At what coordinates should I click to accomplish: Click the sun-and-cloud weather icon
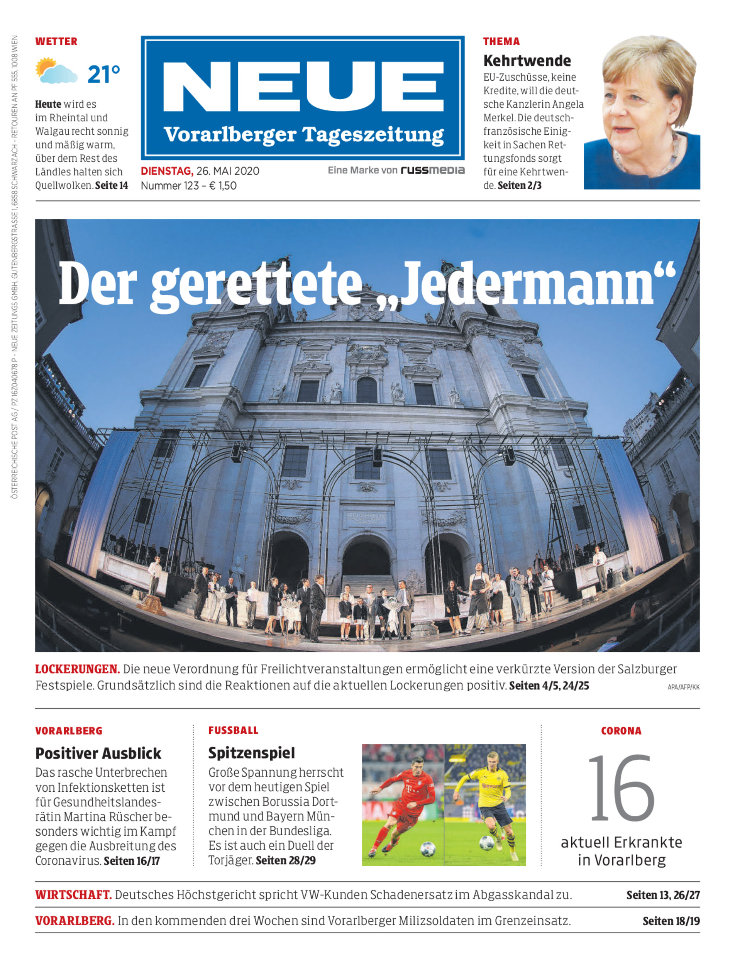click(56, 71)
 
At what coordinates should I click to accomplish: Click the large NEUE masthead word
click(303, 86)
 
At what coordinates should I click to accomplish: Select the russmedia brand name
click(432, 170)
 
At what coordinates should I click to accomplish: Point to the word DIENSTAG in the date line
click(167, 171)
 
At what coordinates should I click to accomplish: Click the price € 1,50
click(223, 186)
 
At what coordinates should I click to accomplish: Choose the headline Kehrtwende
click(527, 60)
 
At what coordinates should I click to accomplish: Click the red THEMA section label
click(501, 42)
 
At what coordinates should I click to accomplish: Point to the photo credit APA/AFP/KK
click(683, 687)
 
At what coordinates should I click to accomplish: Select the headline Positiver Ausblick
click(98, 753)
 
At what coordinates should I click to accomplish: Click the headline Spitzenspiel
click(252, 753)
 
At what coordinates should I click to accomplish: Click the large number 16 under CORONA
click(621, 788)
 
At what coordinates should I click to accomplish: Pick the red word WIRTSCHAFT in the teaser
click(73, 895)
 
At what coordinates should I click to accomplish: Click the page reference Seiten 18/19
click(671, 921)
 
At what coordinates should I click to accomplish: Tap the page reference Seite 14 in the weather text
click(112, 186)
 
